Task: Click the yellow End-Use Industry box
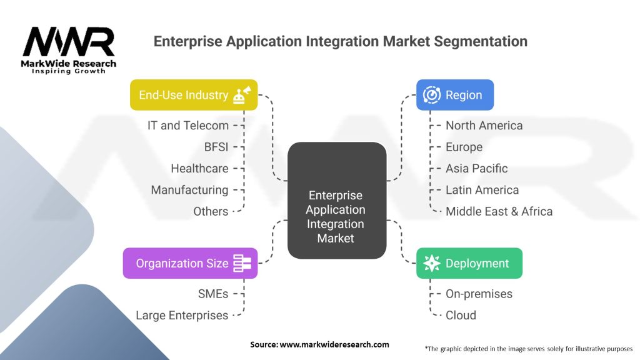pyautogui.click(x=194, y=95)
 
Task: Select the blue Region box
pyautogui.click(x=455, y=95)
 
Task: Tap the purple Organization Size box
pyautogui.click(x=190, y=263)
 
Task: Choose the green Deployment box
pyautogui.click(x=469, y=263)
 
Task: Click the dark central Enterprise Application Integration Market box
pyautogui.click(x=337, y=201)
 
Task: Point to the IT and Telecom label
pyautogui.click(x=188, y=125)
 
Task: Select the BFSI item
pyautogui.click(x=216, y=147)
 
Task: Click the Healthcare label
pyautogui.click(x=199, y=168)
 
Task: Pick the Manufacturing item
pyautogui.click(x=190, y=190)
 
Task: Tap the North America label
pyautogui.click(x=484, y=125)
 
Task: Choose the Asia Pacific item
pyautogui.click(x=477, y=168)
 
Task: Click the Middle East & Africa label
pyautogui.click(x=499, y=211)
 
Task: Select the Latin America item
pyautogui.click(x=482, y=190)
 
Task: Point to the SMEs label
pyautogui.click(x=213, y=294)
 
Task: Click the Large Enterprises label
pyautogui.click(x=182, y=315)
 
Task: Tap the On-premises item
pyautogui.click(x=479, y=294)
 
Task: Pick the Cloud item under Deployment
pyautogui.click(x=461, y=315)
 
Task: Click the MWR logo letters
pyautogui.click(x=69, y=42)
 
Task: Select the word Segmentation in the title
pyautogui.click(x=481, y=42)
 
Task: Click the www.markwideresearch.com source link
pyautogui.click(x=334, y=344)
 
